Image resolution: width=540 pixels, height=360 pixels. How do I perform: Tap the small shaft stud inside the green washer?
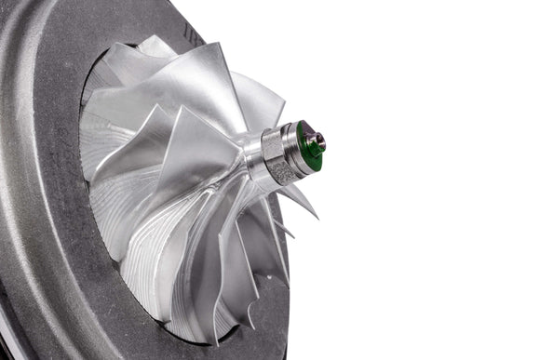tap(317, 142)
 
